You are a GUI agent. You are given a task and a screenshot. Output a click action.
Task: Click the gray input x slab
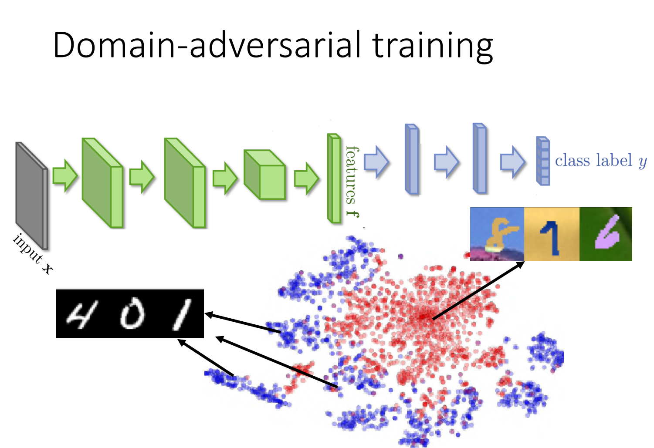pos(30,195)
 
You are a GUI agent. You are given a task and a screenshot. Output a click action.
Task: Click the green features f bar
pos(334,179)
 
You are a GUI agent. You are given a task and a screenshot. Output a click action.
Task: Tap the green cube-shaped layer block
pos(264,175)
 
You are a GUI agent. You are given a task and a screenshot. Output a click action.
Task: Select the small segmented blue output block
pos(543,161)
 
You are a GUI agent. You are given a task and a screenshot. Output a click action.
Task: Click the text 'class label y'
pos(601,161)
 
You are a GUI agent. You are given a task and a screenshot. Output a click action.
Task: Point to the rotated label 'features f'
pos(352,181)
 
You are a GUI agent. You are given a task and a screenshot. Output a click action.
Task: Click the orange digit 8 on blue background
pos(497,234)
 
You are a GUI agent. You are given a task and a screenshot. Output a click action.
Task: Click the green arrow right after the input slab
pos(65,175)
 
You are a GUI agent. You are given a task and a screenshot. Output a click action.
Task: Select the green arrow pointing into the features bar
pos(307,179)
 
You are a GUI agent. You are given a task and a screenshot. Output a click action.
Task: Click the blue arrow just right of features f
pos(376,162)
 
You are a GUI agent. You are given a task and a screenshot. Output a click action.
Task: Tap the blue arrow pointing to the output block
pos(512,162)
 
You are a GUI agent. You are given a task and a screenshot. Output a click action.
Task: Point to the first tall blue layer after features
pos(412,159)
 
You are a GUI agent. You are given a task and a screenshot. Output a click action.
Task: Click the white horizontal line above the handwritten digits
pos(129,289)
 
